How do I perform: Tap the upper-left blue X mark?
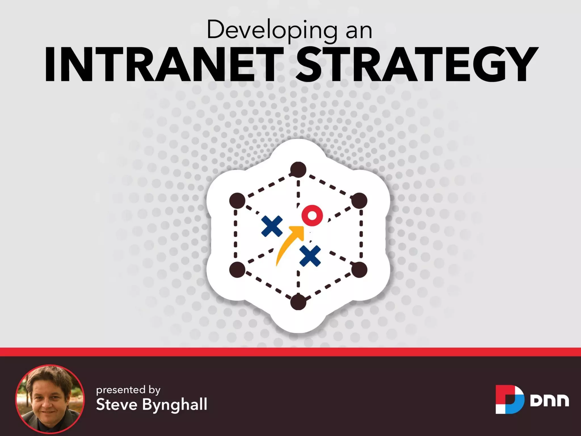point(272,226)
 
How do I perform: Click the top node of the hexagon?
point(298,170)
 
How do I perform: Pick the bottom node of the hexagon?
point(298,302)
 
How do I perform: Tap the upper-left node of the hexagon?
point(237,200)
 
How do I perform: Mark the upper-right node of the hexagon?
point(359,200)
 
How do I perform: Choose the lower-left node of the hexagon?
point(237,270)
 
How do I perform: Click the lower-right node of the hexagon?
point(359,270)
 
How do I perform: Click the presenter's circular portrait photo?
point(50,399)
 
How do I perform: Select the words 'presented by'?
point(128,390)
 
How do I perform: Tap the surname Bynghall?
point(175,405)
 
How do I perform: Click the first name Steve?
point(117,404)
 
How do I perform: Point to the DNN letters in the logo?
point(549,400)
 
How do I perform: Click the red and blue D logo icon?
point(510,399)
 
